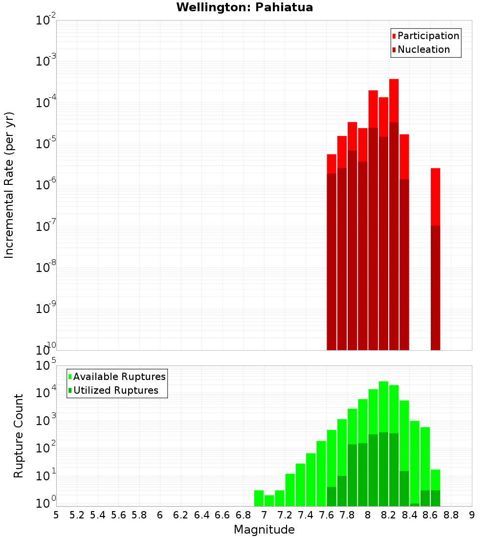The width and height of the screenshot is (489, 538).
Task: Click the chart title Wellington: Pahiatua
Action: (244, 7)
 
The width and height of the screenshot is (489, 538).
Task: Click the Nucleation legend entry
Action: (423, 49)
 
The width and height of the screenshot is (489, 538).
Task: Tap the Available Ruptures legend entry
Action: (119, 377)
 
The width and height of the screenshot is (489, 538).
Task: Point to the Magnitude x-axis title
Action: (264, 530)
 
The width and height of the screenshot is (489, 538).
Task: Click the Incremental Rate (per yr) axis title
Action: (9, 185)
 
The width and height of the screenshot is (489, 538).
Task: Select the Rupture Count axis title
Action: (19, 436)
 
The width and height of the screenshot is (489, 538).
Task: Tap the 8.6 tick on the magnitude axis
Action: (430, 515)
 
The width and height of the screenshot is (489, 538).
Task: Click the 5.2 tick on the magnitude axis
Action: (77, 515)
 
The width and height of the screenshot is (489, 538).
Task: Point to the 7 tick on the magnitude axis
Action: (264, 515)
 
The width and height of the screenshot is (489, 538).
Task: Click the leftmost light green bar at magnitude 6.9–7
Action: (259, 498)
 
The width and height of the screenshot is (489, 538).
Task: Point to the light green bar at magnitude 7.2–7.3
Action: (290, 490)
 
